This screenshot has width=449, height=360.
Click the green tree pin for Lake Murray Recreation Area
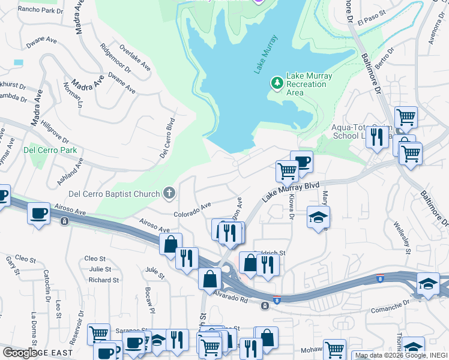point(277,82)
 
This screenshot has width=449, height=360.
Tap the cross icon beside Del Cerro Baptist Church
point(170,193)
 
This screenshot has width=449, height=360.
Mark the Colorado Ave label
point(192,209)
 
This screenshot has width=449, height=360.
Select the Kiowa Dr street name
point(287,208)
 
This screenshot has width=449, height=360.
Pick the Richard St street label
point(103,280)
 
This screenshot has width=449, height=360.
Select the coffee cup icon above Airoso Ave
point(39,214)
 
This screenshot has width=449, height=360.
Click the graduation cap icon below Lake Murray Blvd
point(318,217)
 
